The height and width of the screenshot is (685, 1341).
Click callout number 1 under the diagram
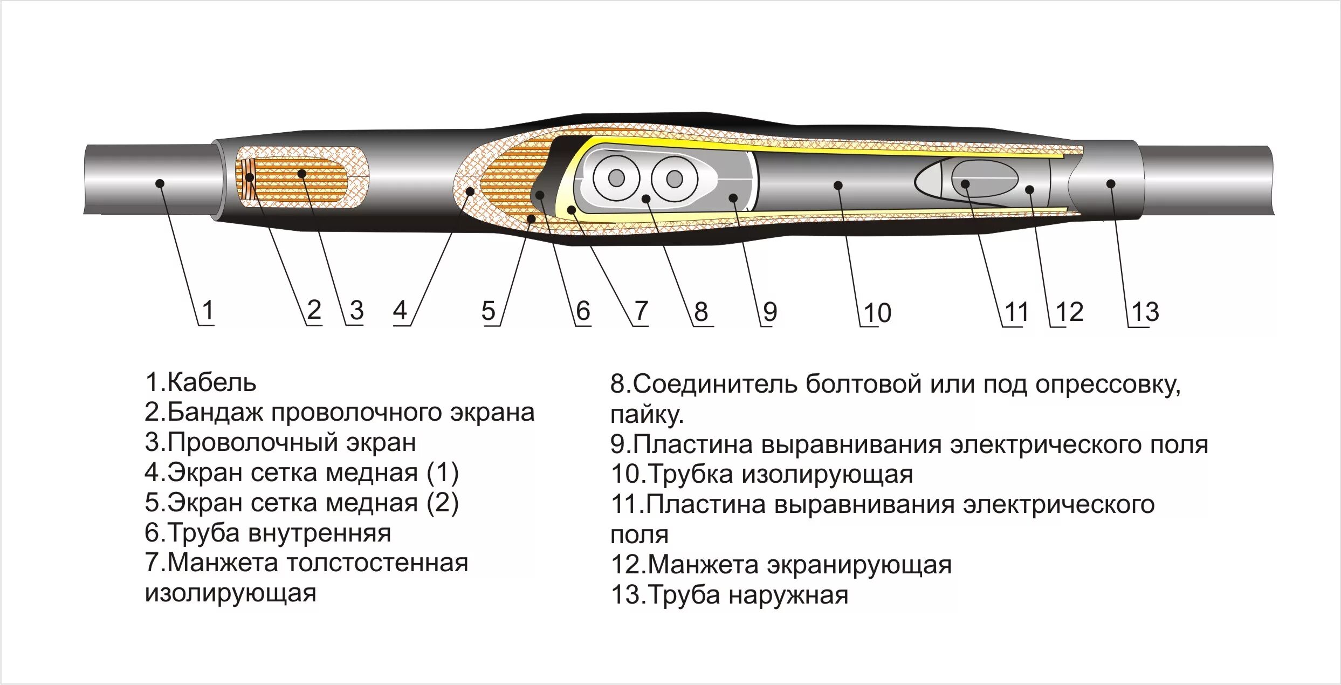(x=208, y=310)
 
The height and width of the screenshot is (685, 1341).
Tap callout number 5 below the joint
(x=488, y=311)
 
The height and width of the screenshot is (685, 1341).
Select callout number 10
(x=877, y=313)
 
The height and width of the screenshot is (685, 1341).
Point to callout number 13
(x=1145, y=312)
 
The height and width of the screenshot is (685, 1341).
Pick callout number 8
(x=700, y=311)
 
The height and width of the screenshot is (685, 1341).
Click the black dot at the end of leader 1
(x=160, y=183)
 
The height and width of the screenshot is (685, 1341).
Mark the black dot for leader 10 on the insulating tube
(x=838, y=186)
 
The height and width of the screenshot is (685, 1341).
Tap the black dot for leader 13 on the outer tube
(x=1111, y=184)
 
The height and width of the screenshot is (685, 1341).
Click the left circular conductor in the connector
(x=616, y=179)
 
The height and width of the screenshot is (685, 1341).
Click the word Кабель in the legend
(x=211, y=382)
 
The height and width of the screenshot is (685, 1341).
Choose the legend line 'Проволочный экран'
(x=280, y=442)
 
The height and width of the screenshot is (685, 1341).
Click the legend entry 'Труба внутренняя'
(x=268, y=533)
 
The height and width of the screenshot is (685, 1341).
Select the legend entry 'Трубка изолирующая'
(x=761, y=474)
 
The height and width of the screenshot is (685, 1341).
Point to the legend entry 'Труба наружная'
(x=729, y=595)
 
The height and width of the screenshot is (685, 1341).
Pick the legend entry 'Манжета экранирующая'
(x=781, y=565)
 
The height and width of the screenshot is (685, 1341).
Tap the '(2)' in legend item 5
(x=442, y=503)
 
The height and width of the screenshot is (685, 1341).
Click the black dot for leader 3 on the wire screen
(x=302, y=174)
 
